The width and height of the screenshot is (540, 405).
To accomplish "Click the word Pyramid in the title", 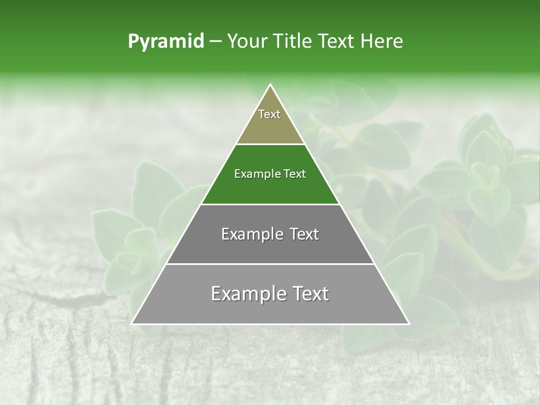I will [165, 42].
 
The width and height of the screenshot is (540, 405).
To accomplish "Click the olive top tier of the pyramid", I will [270, 127].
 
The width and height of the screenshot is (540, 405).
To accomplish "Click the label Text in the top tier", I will [269, 114].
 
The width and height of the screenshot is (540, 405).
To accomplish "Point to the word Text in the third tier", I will [304, 234].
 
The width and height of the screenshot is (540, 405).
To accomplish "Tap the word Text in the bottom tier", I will [309, 294].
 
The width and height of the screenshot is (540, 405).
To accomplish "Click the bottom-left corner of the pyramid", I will [132, 324].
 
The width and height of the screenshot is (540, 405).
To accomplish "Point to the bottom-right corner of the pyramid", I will [409, 324].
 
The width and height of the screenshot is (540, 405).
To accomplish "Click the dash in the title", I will [215, 42].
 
